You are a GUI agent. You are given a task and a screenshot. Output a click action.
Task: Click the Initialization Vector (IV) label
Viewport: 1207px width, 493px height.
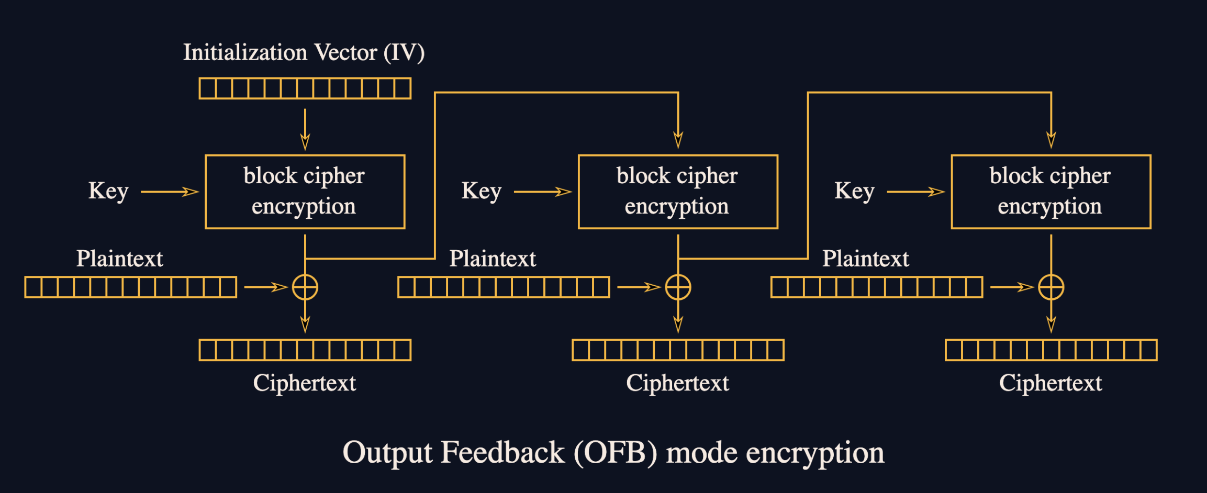pyautogui.click(x=304, y=53)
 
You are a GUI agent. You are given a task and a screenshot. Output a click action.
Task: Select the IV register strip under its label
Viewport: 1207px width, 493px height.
pyautogui.click(x=305, y=88)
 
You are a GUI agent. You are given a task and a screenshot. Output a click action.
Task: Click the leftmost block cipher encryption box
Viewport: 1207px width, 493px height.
pyautogui.click(x=305, y=192)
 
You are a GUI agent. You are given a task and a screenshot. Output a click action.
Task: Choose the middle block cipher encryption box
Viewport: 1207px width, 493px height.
pyautogui.click(x=678, y=192)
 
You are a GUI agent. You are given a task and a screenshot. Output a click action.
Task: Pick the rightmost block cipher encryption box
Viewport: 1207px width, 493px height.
pyautogui.click(x=1050, y=192)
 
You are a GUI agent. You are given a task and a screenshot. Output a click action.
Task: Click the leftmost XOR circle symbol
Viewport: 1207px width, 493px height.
pyautogui.click(x=305, y=287)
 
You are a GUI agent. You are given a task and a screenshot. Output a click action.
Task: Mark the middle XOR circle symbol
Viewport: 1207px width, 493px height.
pyautogui.click(x=678, y=287)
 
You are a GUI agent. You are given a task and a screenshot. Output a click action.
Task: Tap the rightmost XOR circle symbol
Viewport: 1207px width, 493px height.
pyautogui.click(x=1050, y=287)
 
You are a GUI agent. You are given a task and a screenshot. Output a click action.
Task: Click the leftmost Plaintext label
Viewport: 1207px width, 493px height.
pyautogui.click(x=120, y=259)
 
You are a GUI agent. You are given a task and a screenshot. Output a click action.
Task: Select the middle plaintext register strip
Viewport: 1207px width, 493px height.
pyautogui.click(x=504, y=287)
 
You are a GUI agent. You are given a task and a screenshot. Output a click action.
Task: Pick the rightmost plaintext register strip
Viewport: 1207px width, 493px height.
pyautogui.click(x=877, y=287)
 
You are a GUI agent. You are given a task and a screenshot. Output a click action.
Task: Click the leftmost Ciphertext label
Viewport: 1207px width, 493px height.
pyautogui.click(x=305, y=383)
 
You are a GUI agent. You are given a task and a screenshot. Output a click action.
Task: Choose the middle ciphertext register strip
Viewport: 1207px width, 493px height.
pyautogui.click(x=678, y=350)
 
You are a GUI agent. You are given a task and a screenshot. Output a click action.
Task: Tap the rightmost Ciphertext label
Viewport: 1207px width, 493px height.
pyautogui.click(x=1050, y=383)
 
